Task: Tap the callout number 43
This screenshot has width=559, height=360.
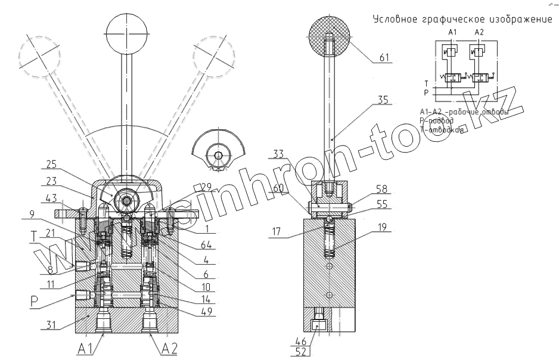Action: pyautogui.click(x=52, y=197)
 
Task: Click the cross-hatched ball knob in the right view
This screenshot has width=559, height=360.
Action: pyautogui.click(x=331, y=33)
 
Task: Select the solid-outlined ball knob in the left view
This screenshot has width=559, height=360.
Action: pyautogui.click(x=125, y=30)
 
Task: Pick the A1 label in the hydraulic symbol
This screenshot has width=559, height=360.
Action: pyautogui.click(x=451, y=31)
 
